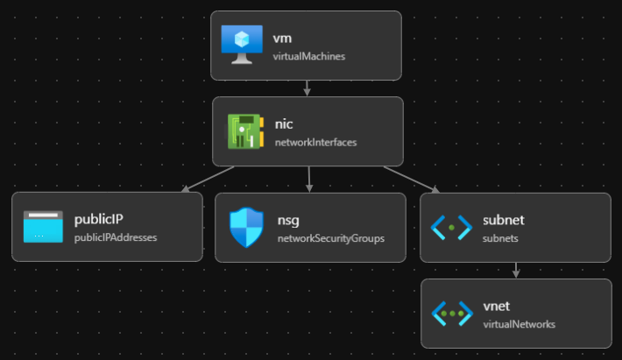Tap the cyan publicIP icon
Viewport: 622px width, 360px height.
click(x=44, y=226)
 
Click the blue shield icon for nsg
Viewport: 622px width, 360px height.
click(x=245, y=227)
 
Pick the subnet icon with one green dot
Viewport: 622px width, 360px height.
click(x=452, y=227)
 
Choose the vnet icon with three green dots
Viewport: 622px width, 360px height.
click(x=452, y=313)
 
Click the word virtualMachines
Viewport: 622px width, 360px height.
click(x=309, y=56)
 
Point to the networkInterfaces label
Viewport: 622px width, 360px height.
click(x=316, y=142)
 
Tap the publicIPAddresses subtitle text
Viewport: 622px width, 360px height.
click(x=116, y=237)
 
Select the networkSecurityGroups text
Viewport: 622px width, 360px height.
click(x=331, y=238)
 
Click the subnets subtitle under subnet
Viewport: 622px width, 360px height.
click(x=500, y=237)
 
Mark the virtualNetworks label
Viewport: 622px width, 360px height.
click(x=520, y=324)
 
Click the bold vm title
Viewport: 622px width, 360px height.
click(x=282, y=38)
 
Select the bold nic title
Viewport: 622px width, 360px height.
click(x=284, y=124)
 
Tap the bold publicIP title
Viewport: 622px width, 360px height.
click(x=102, y=219)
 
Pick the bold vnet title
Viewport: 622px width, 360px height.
click(x=496, y=306)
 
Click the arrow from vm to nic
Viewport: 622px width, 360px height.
click(x=307, y=88)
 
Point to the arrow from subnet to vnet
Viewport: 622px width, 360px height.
click(x=516, y=271)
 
